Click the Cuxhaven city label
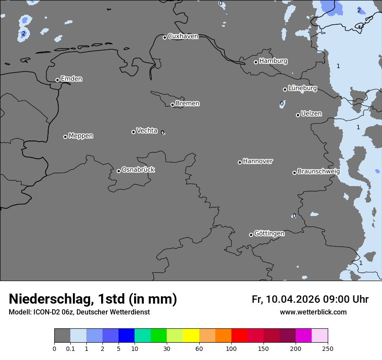click(x=183, y=36)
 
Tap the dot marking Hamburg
click(x=256, y=62)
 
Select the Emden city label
click(x=71, y=79)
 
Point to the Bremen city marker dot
click(x=172, y=105)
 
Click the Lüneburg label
click(x=302, y=88)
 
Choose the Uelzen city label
click(x=311, y=114)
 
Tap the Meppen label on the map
click(x=81, y=136)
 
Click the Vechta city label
click(x=147, y=131)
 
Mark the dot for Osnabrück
click(x=119, y=171)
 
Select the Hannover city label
click(x=257, y=161)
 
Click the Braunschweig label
click(x=318, y=171)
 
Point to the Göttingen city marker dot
click(x=251, y=235)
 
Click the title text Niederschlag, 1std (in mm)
click(x=93, y=299)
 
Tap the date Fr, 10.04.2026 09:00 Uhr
click(x=310, y=299)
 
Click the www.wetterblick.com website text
click(x=313, y=312)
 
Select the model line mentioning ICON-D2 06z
click(x=79, y=312)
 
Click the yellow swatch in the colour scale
click(x=191, y=336)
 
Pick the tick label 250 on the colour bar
click(x=327, y=348)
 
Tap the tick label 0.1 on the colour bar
click(x=70, y=348)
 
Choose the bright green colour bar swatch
click(x=158, y=336)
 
